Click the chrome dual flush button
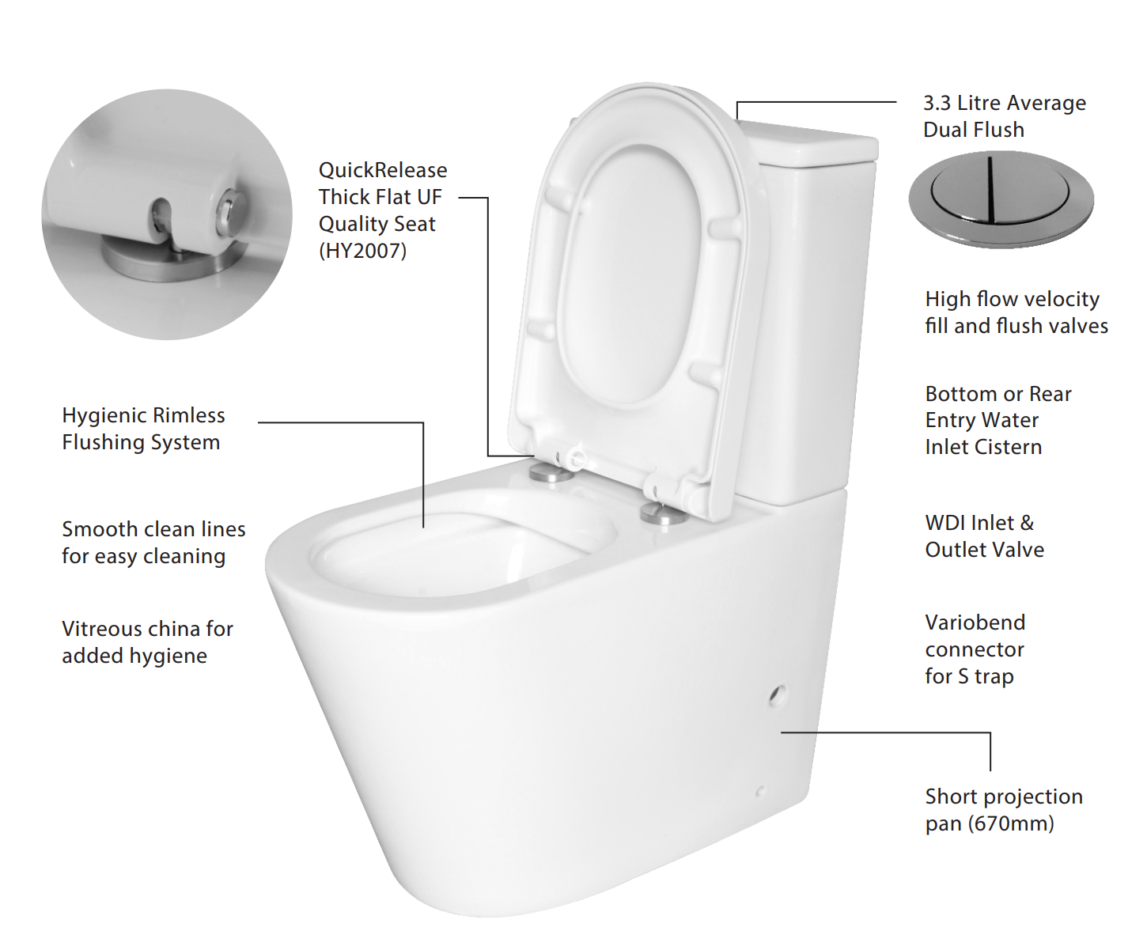pyautogui.click(x=1001, y=199)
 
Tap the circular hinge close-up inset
pyautogui.click(x=167, y=214)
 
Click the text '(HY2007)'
pyautogui.click(x=363, y=251)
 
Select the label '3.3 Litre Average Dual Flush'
pyautogui.click(x=1005, y=116)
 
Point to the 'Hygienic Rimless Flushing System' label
pyautogui.click(x=143, y=429)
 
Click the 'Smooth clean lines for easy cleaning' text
pyautogui.click(x=153, y=543)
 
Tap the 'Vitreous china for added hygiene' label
pyautogui.click(x=147, y=642)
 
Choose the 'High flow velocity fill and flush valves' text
pyautogui.click(x=1016, y=312)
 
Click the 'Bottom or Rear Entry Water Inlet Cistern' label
pyautogui.click(x=997, y=421)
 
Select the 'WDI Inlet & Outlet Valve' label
pyautogui.click(x=984, y=536)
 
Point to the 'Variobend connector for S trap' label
pyautogui.click(x=975, y=649)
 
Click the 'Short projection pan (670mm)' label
pyautogui.click(x=1004, y=810)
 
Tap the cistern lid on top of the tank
pyautogui.click(x=808, y=141)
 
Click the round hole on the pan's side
pyautogui.click(x=777, y=695)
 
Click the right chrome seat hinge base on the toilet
pyautogui.click(x=664, y=514)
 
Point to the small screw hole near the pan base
pyautogui.click(x=760, y=791)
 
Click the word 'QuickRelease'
pyautogui.click(x=383, y=170)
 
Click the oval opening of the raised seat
pyautogui.click(x=629, y=274)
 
